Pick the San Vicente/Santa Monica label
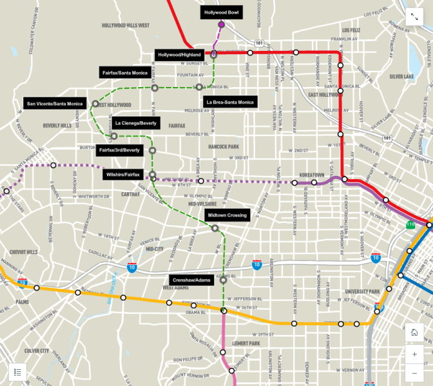(54, 103)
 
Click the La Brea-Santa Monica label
(229, 102)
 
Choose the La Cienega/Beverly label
(135, 122)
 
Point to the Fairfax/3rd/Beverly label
(119, 150)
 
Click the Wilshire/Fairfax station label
(122, 175)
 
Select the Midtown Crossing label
(227, 215)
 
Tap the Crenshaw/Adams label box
(191, 280)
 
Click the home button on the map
(414, 333)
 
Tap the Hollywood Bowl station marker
(221, 24)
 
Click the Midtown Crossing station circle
(215, 227)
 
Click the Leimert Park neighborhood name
(245, 343)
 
